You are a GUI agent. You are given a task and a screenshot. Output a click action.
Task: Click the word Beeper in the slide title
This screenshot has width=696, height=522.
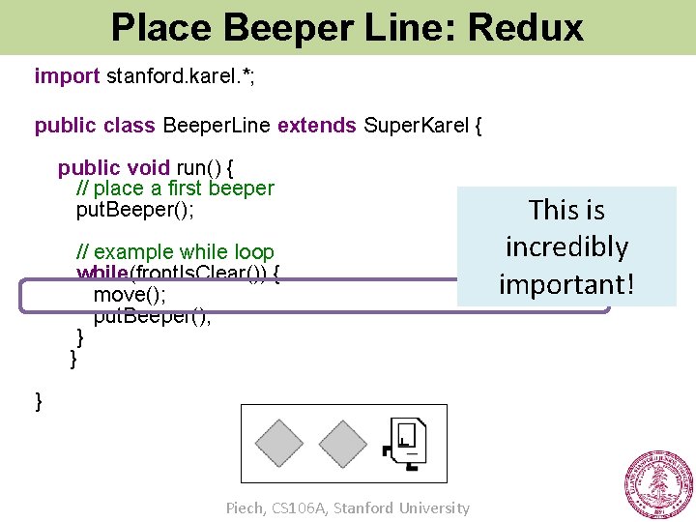pos(288,27)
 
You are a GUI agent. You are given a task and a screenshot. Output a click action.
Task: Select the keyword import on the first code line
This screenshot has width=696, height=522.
pos(67,75)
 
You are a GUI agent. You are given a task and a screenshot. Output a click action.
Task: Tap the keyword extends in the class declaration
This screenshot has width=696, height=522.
pos(316,127)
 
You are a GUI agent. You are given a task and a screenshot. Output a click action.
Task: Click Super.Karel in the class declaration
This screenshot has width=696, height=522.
pos(418,127)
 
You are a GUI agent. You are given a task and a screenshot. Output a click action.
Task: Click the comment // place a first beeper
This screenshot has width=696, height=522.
pos(175,188)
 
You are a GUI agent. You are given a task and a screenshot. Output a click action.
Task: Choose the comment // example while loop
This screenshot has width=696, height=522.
pos(175,253)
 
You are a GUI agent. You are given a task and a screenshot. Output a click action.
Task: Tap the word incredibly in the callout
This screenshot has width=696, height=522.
pos(566,247)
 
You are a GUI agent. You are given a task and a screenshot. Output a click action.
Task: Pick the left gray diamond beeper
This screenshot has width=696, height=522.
pos(279,443)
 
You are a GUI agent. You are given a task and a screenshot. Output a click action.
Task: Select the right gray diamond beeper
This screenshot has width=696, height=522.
pos(343,443)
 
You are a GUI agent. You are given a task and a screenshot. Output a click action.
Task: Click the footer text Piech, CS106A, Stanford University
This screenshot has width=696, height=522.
pos(347,507)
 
